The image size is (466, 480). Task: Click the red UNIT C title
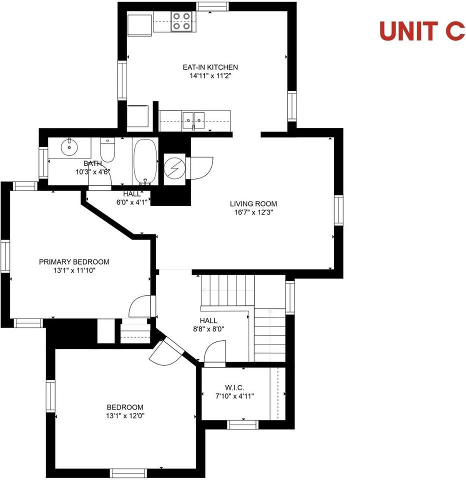(422, 30)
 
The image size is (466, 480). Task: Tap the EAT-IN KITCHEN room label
(209, 67)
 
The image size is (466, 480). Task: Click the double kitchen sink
(193, 119)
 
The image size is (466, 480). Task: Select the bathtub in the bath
(145, 161)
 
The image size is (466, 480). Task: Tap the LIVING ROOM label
(253, 203)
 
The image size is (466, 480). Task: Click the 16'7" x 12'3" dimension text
(253, 212)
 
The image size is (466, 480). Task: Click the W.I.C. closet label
(234, 387)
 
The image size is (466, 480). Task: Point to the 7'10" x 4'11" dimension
(234, 396)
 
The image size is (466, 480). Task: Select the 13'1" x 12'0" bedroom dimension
(124, 415)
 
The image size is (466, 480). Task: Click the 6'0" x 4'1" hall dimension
(132, 202)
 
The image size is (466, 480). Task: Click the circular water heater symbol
(174, 167)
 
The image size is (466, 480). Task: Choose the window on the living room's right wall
(339, 210)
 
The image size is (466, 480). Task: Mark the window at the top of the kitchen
(212, 6)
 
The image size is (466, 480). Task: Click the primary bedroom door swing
(140, 306)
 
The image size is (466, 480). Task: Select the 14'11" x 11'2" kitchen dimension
(209, 76)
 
